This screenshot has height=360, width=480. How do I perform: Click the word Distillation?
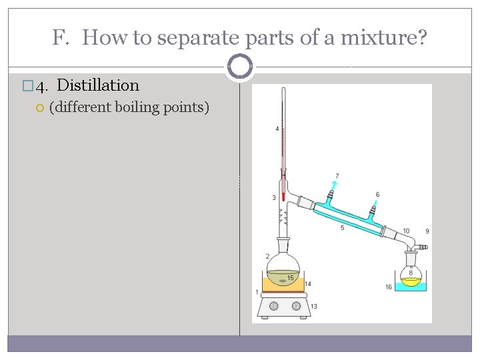pos(98,85)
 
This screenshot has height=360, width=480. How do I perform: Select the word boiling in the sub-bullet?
pos(142,107)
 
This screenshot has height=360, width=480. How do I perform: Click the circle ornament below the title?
pos(239,67)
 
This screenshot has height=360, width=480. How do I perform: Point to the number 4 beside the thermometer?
pos(277,128)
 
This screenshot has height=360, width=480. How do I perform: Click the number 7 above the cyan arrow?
pos(337,176)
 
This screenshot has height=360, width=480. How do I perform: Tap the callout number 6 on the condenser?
pos(377,195)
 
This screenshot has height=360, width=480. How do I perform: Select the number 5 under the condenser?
pos(342,228)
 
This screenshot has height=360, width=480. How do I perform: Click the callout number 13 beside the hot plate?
pos(313,306)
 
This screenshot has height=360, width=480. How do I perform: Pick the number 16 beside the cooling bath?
pos(389,287)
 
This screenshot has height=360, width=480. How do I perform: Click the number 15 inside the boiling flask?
pos(291,277)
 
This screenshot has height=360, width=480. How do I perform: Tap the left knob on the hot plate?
pos(273,306)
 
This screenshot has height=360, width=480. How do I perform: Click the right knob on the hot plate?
pos(296,306)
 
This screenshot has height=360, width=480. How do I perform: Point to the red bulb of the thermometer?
pos(283,196)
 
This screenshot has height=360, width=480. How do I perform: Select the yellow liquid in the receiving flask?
pos(411,282)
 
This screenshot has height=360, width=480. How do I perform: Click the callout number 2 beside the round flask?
pos(267,256)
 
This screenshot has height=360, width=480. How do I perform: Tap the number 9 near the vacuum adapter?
pos(427,231)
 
